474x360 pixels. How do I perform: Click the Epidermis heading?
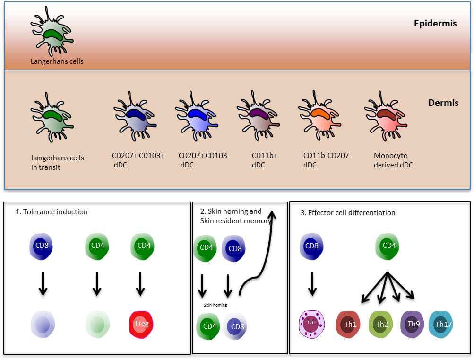tap(435, 24)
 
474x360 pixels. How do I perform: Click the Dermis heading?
tap(443, 103)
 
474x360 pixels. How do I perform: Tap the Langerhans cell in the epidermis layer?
tap(52, 32)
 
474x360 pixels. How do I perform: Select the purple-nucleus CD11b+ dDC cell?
tap(258, 116)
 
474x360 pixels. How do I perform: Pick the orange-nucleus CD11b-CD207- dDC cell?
tap(319, 116)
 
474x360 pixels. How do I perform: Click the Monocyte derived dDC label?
tap(393, 160)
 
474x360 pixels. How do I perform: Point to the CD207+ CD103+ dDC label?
tap(138, 160)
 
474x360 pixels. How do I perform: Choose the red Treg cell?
tap(141, 325)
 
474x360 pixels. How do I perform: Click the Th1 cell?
tap(348, 325)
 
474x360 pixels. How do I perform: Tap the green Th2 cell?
tap(380, 325)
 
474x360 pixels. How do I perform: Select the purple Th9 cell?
tap(412, 325)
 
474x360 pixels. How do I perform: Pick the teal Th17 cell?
tap(441, 325)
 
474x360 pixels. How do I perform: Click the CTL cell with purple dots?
tap(311, 325)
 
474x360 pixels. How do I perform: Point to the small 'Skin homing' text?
tap(215, 305)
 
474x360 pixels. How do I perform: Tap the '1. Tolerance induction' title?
tap(52, 212)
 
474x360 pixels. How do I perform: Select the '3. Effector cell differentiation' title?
tap(348, 213)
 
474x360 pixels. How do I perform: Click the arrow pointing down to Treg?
tap(140, 284)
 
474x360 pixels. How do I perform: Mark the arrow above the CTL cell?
tap(312, 284)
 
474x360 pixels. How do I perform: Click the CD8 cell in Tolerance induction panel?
tap(41, 246)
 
